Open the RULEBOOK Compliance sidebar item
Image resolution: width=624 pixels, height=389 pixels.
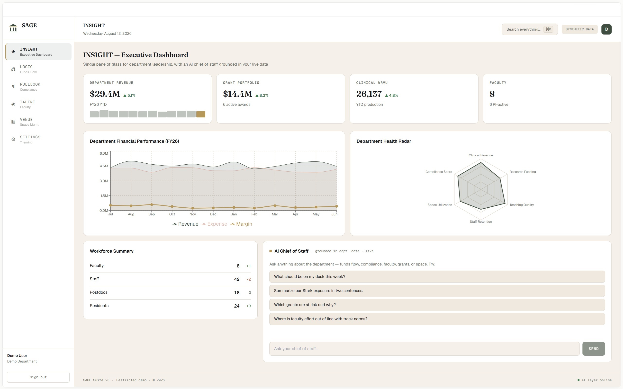(39, 87)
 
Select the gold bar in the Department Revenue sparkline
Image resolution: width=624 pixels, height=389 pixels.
(201, 115)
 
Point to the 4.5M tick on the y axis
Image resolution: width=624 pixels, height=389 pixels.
(104, 166)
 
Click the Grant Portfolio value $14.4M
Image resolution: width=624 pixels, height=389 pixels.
(238, 94)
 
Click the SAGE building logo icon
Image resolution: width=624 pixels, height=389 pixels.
(13, 28)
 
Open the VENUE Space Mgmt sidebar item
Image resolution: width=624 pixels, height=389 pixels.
(39, 122)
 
